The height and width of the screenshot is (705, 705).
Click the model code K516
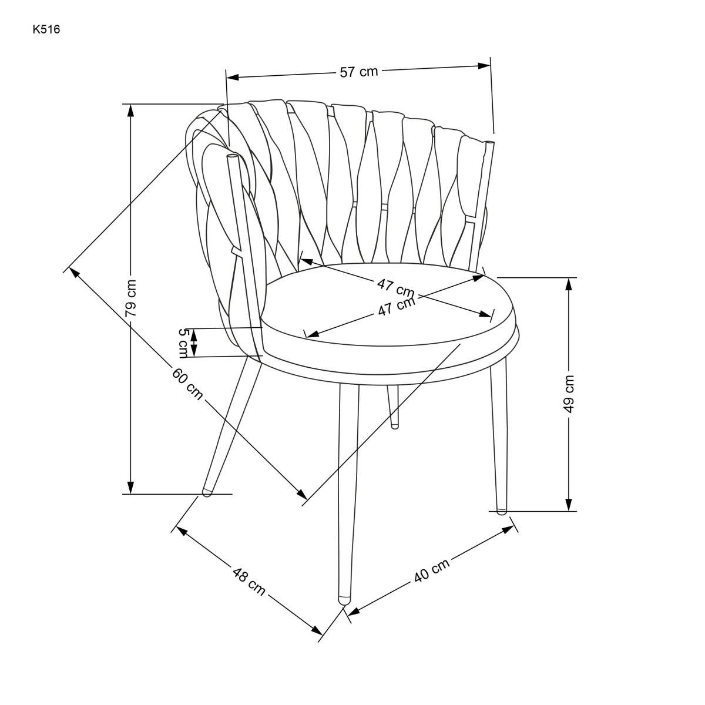tap(46, 29)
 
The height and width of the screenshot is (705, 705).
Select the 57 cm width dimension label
tap(358, 71)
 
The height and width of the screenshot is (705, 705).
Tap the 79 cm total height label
tap(130, 298)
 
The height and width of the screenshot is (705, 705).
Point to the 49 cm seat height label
tap(569, 394)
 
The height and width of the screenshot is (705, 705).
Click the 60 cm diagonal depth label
tap(187, 384)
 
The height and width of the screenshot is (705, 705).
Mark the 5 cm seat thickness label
tap(183, 343)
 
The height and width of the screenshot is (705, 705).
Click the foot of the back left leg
tap(207, 492)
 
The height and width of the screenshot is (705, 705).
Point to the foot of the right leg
tap(502, 511)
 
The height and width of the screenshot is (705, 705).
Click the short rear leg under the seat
tap(394, 406)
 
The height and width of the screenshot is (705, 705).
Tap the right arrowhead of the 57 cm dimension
tap(484, 66)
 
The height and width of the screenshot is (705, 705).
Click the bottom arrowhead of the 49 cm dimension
tap(569, 505)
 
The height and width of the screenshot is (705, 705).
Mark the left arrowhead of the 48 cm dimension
tap(182, 531)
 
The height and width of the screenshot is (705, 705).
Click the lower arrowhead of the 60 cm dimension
tap(302, 494)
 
